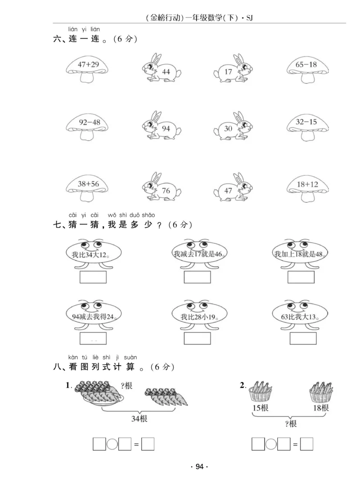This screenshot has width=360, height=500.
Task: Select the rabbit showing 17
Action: coord(232,69)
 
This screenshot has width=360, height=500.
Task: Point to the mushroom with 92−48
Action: coord(87,126)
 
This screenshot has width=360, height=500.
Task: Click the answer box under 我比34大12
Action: coord(93,277)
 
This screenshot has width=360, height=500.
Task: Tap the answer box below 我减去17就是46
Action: coord(197,277)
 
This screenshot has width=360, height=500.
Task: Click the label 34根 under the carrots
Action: coord(139,419)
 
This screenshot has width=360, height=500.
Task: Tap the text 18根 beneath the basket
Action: coord(320,408)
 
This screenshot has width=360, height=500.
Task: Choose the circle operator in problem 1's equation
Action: coord(112,444)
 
